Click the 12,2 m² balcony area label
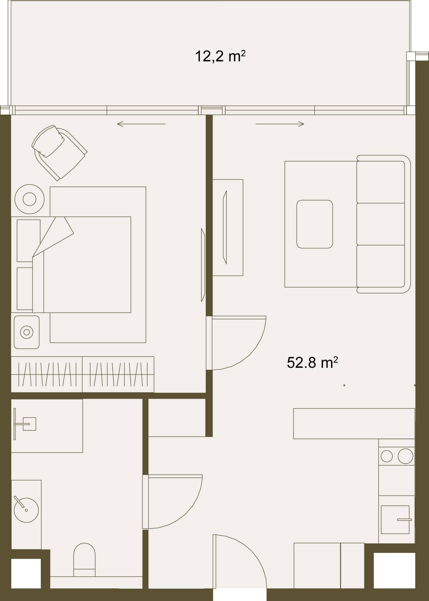[220, 57]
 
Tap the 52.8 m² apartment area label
[312, 362]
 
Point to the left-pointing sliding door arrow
[141, 124]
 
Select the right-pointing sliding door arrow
[280, 124]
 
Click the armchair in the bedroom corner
[59, 152]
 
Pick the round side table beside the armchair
[29, 199]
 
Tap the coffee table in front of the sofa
[315, 224]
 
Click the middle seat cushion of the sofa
[381, 224]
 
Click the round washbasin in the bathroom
[26, 510]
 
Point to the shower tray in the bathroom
[47, 426]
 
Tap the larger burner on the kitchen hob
[406, 456]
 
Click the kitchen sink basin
[395, 520]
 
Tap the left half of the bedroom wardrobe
[47, 374]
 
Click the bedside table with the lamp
[27, 332]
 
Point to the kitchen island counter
[354, 424]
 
